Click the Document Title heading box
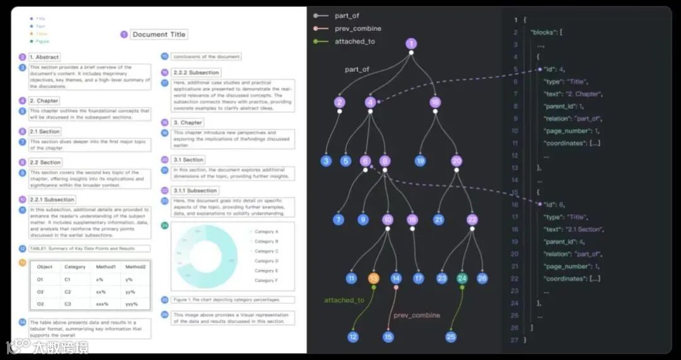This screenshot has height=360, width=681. tap(159, 35)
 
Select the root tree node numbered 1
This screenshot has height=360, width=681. tap(411, 44)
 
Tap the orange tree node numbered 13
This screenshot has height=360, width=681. tap(373, 278)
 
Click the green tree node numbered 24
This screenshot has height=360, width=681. tap(463, 278)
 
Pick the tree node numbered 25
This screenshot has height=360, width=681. tap(451, 337)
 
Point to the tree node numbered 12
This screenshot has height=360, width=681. tap(353, 337)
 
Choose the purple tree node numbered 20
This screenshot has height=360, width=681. tap(457, 161)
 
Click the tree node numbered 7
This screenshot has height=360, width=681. tap(339, 219)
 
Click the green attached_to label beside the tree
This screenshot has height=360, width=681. tap(344, 300)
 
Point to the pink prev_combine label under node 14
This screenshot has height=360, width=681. tap(417, 315)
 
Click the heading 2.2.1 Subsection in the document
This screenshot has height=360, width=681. tap(52, 200)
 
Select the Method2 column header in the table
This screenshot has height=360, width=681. tap(136, 267)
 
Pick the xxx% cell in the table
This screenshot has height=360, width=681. tap(101, 304)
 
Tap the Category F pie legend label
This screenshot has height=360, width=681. tap(266, 281)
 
